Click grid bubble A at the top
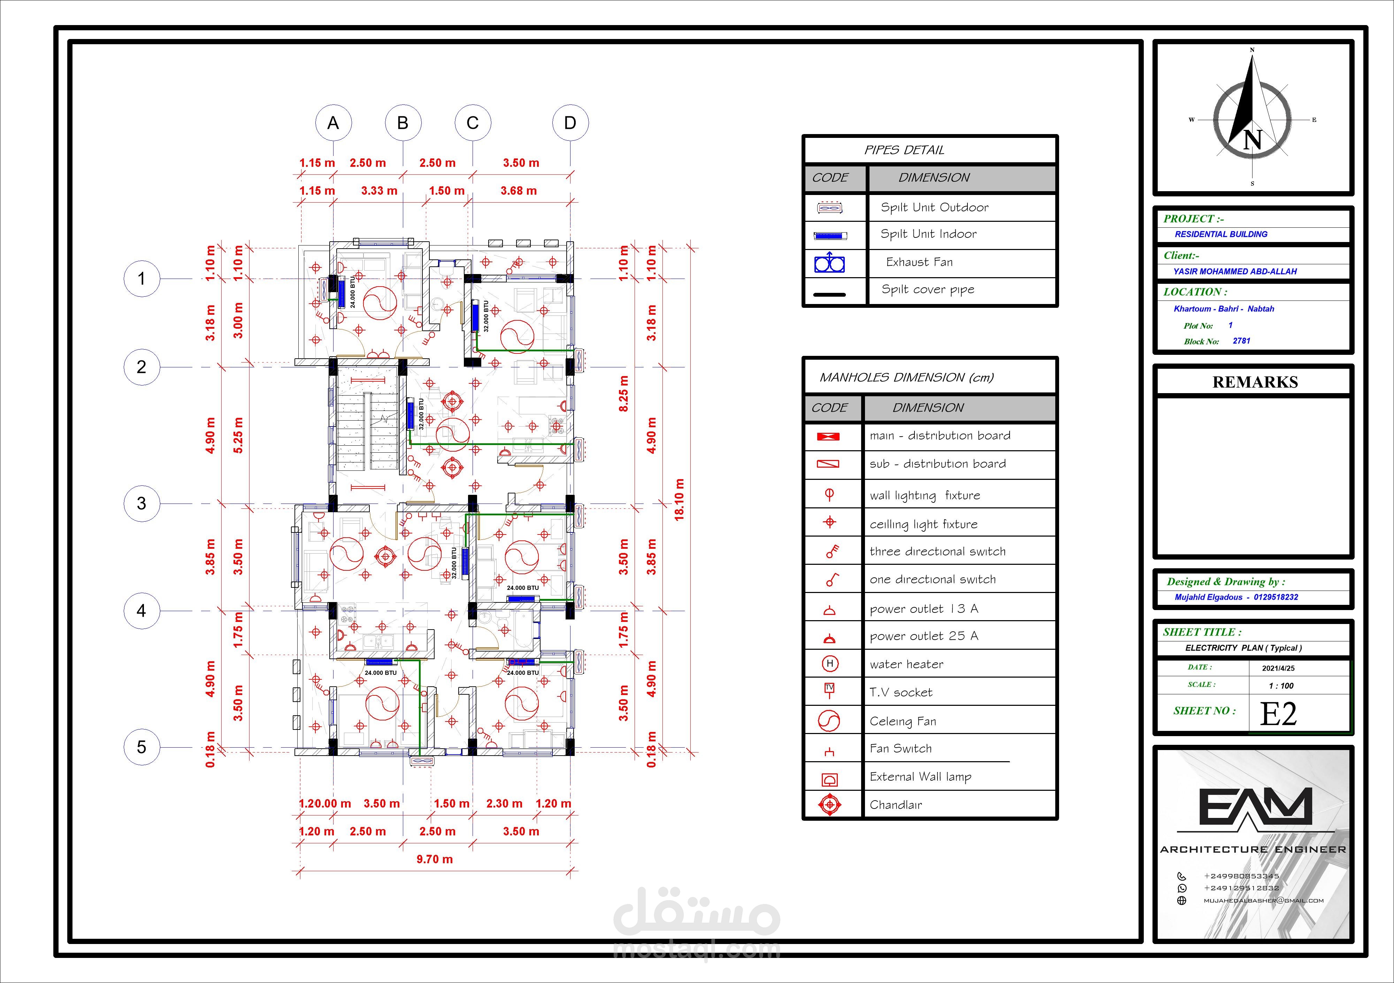[333, 123]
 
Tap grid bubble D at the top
[570, 123]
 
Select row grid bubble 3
[141, 503]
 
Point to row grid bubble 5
[141, 747]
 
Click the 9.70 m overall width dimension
[435, 859]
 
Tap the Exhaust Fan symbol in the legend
[829, 263]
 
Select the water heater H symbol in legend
[829, 664]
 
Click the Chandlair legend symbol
[829, 805]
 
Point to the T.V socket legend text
[901, 692]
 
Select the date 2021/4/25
[1278, 668]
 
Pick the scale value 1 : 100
[1281, 686]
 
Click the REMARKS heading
[1255, 382]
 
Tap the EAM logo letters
[1254, 807]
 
